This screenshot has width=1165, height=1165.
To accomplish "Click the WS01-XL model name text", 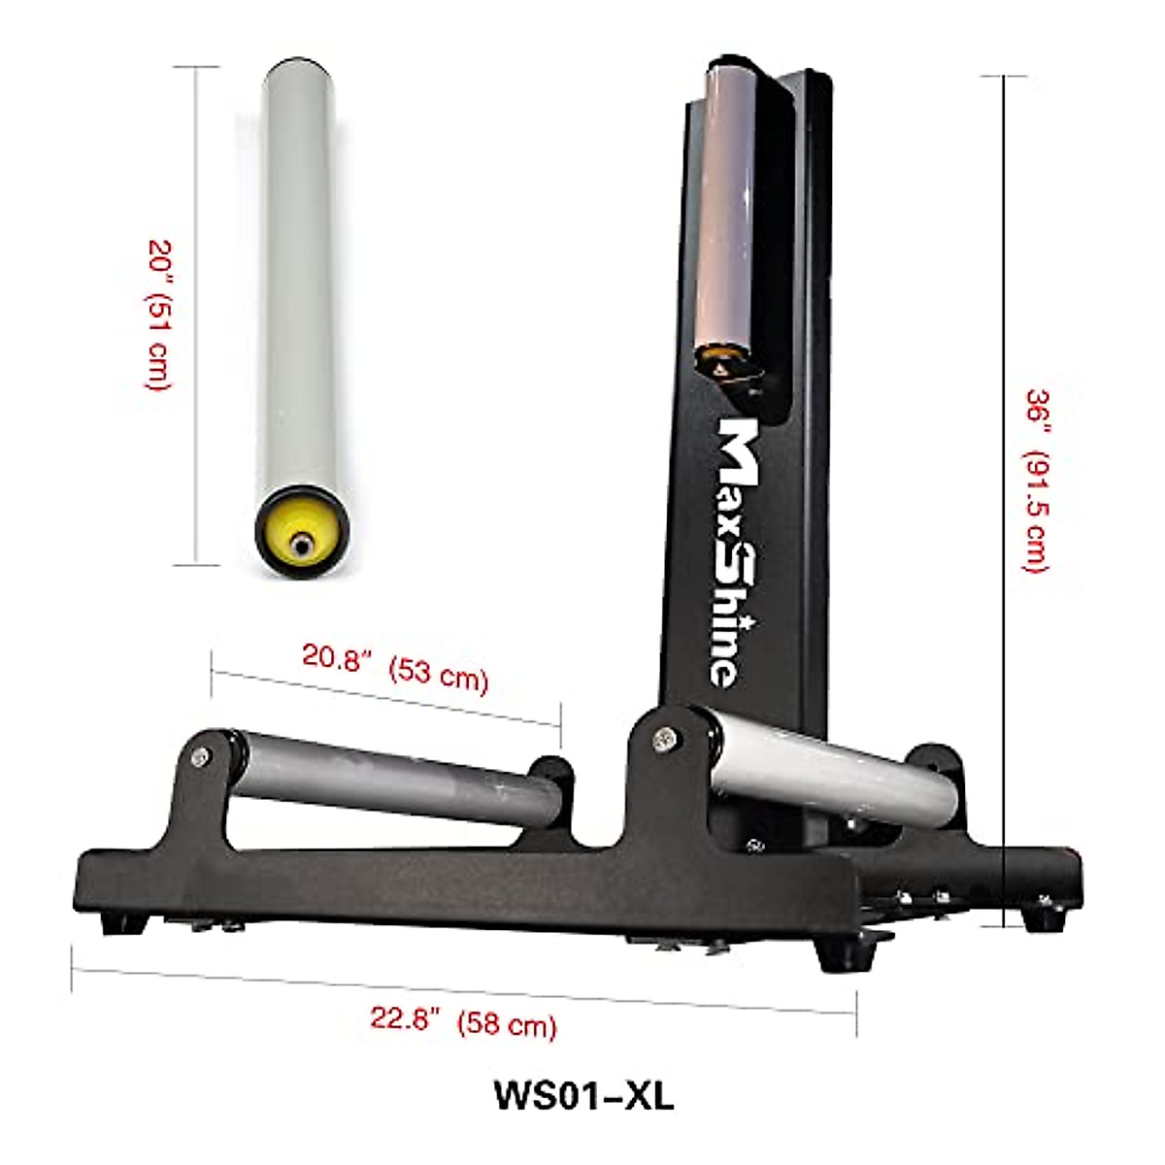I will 582,1094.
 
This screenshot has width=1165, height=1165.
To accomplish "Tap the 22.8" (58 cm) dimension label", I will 463,1021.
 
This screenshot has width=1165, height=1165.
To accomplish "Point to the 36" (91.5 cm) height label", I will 1038,481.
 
